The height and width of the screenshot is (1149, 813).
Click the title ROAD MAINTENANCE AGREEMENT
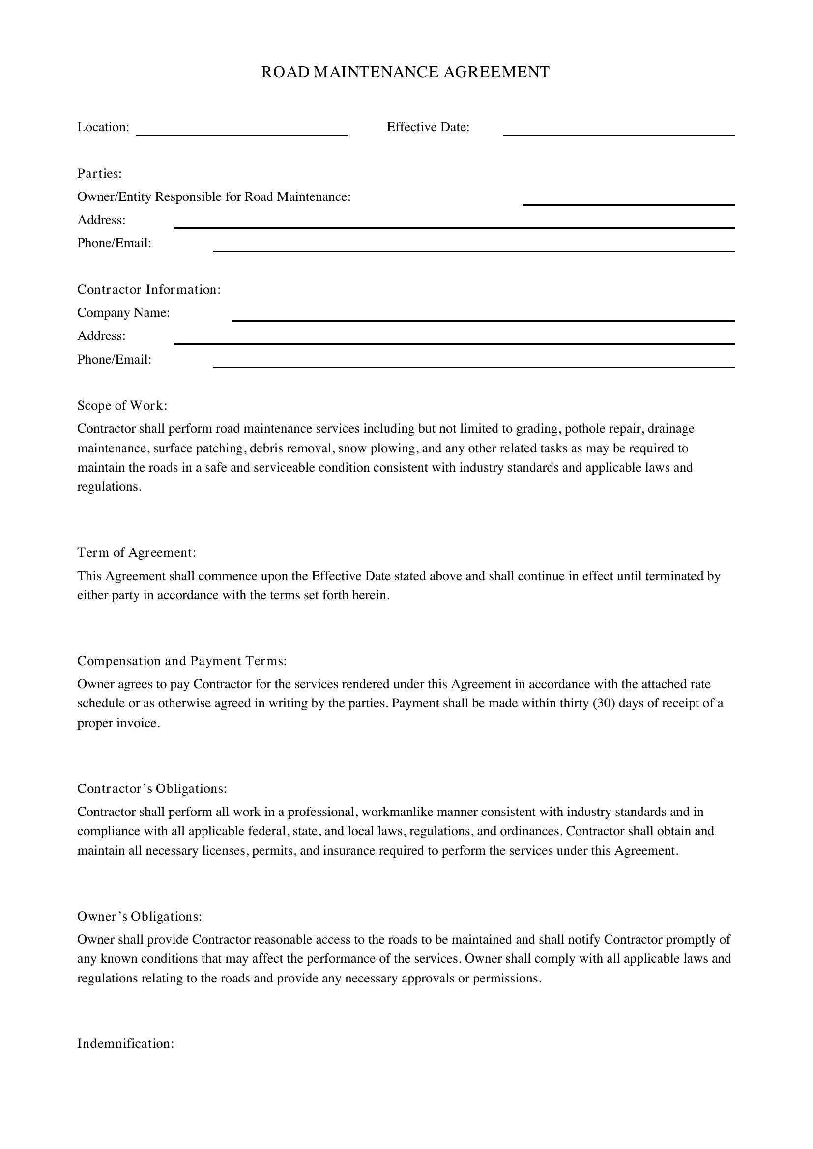pyautogui.click(x=406, y=72)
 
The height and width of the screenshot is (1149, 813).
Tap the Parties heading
pyautogui.click(x=100, y=173)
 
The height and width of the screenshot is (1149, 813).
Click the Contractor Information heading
pyautogui.click(x=148, y=290)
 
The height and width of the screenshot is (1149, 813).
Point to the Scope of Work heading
pyautogui.click(x=122, y=405)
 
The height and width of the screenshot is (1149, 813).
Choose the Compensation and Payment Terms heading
pyautogui.click(x=182, y=661)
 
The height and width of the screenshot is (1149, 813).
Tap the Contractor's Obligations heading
pyautogui.click(x=152, y=789)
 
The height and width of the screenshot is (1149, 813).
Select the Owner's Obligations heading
pyautogui.click(x=139, y=916)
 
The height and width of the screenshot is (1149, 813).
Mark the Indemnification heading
pyautogui.click(x=126, y=1044)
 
